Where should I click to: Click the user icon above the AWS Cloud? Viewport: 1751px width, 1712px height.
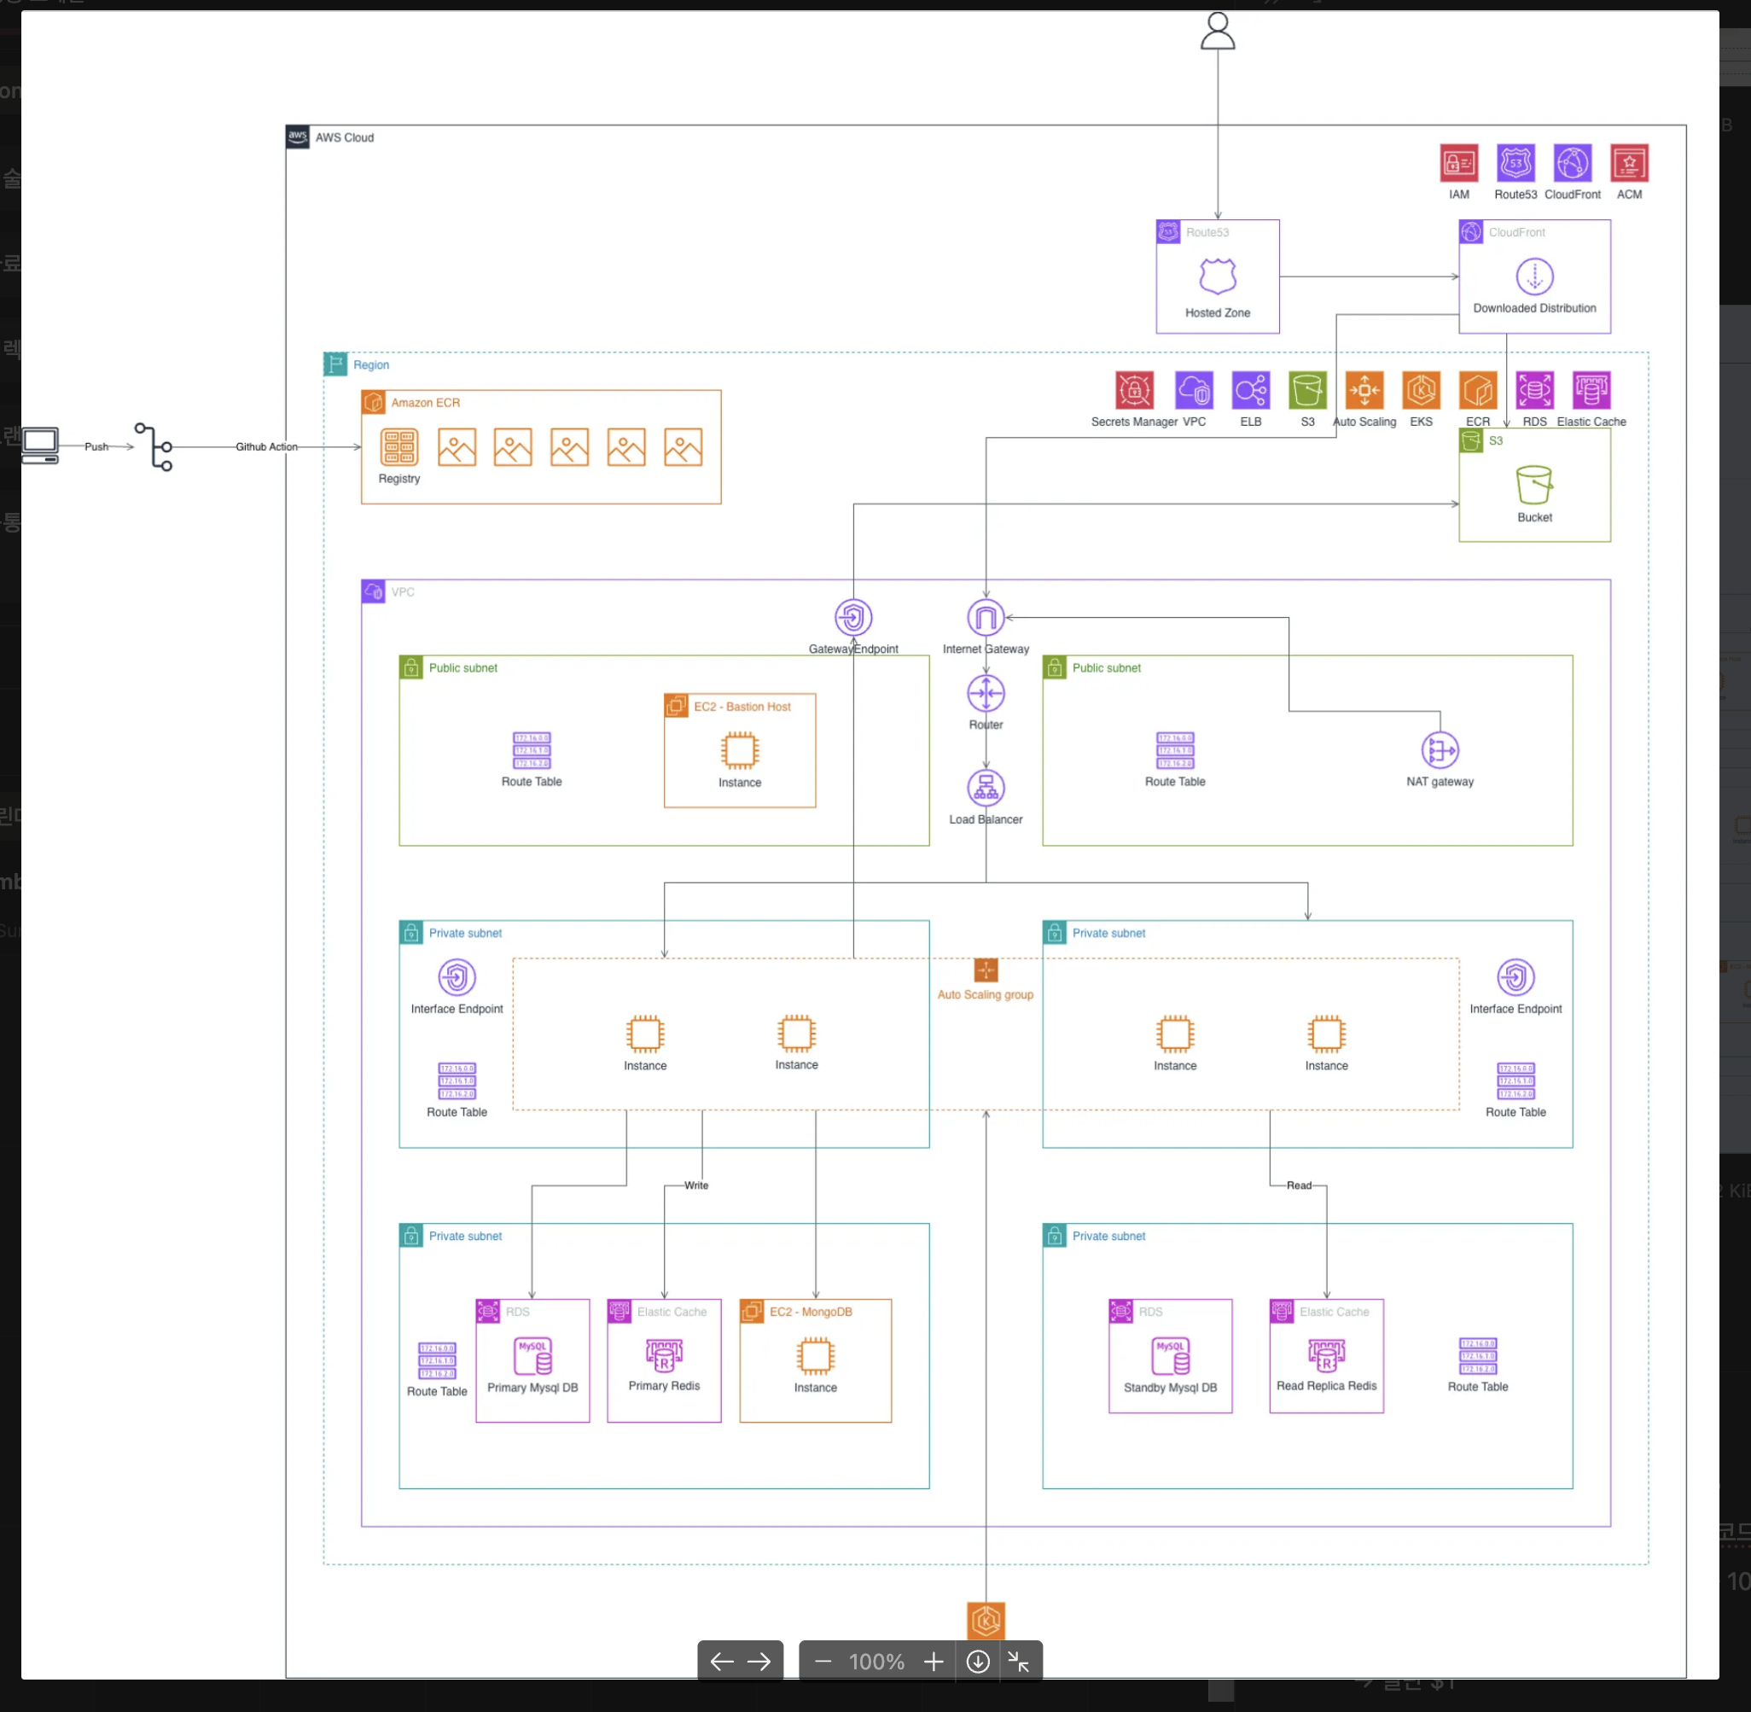tap(1217, 32)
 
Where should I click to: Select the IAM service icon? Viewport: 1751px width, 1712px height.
tap(1458, 164)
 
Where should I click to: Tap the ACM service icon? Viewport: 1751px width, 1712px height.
tap(1629, 164)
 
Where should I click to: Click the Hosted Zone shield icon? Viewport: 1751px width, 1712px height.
tap(1217, 276)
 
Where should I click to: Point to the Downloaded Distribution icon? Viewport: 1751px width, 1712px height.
tap(1534, 276)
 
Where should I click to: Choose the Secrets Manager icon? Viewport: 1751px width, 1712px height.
tap(1133, 390)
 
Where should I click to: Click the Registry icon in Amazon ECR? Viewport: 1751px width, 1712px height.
tap(399, 447)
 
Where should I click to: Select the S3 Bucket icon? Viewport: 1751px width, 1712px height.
tap(1533, 485)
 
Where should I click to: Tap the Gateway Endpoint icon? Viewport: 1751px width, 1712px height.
tap(853, 618)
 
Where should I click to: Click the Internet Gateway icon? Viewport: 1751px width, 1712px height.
tap(986, 618)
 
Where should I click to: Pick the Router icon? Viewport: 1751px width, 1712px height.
tap(986, 693)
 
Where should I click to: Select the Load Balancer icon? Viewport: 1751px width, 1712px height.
tap(986, 788)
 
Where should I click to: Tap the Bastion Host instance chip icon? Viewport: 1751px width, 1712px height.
tap(739, 750)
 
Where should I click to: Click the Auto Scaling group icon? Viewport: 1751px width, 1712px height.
tap(986, 970)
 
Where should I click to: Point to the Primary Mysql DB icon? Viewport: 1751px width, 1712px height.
tap(532, 1356)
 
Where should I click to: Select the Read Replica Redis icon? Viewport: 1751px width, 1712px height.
tap(1326, 1354)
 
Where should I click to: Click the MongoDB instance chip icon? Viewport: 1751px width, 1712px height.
tap(814, 1356)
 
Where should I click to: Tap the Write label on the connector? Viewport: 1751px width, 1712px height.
tap(695, 1185)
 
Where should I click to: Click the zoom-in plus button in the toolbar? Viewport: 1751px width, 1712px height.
tap(933, 1662)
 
